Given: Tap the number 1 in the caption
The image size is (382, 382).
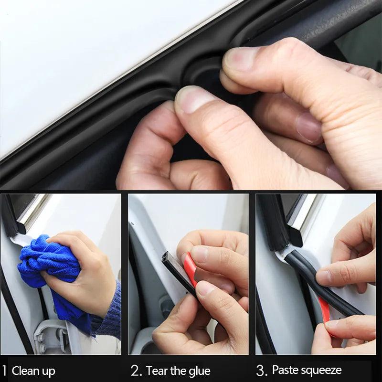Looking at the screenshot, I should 4,371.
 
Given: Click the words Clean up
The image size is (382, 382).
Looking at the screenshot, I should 33,371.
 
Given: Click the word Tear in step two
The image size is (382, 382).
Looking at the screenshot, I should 157,371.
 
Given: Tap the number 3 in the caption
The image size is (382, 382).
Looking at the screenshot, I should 261,371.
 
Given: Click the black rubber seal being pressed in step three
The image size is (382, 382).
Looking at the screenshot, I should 306,277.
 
